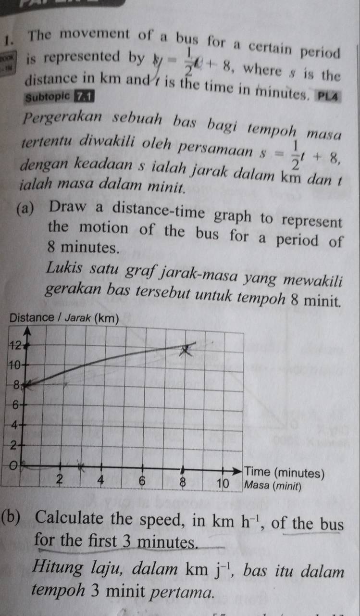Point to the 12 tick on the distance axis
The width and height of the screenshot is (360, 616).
[15, 345]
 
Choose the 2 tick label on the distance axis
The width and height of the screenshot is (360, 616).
[15, 445]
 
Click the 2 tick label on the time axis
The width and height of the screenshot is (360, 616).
[60, 479]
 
